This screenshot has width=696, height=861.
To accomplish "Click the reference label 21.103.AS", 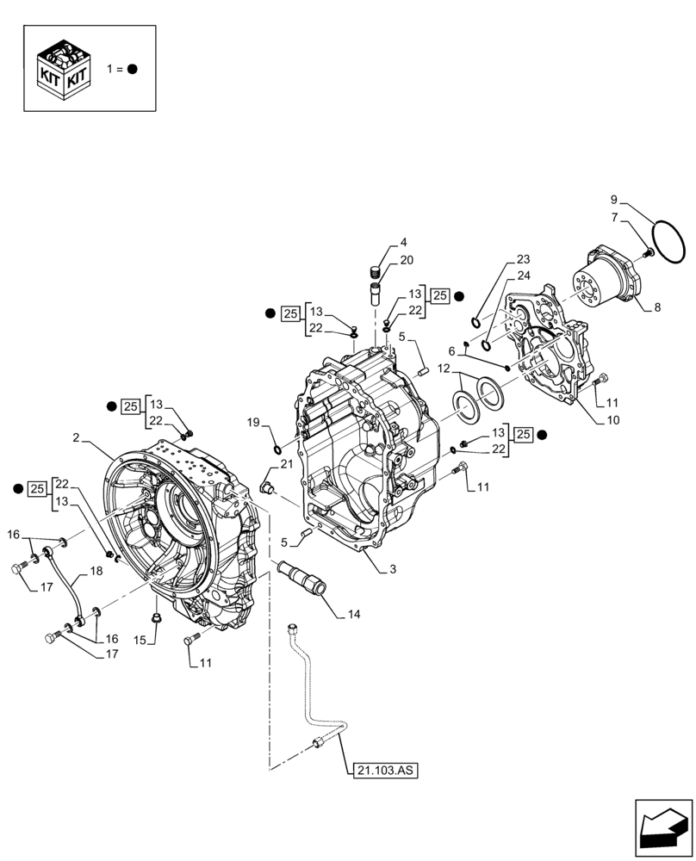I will click(384, 772).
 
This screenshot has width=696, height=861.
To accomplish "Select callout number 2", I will click(77, 438).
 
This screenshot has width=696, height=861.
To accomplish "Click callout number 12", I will click(443, 369).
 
